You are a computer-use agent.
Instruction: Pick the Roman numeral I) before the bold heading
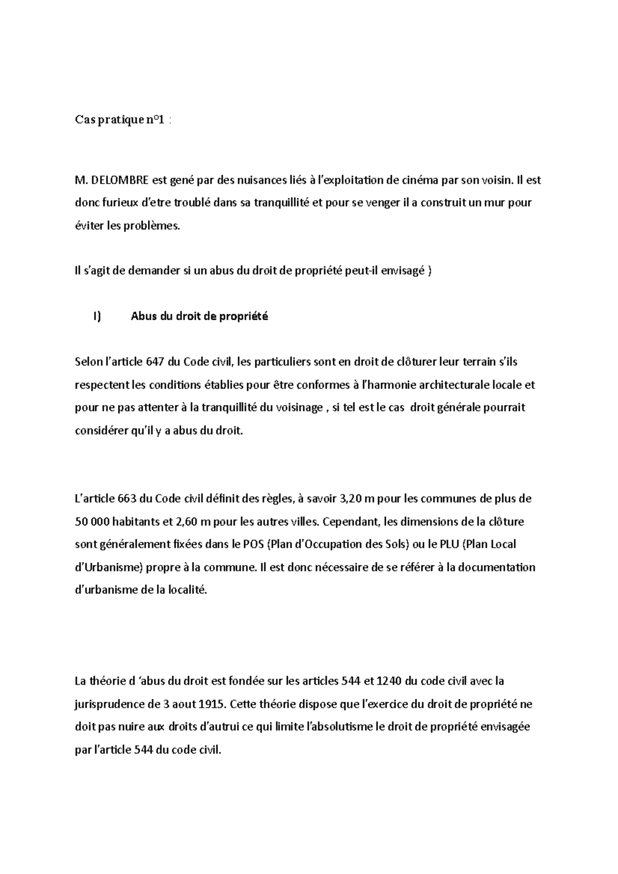tap(97, 317)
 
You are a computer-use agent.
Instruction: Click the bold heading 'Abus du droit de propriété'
tap(199, 317)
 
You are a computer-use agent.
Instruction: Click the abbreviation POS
tap(254, 544)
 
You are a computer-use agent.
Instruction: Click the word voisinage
tap(298, 407)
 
